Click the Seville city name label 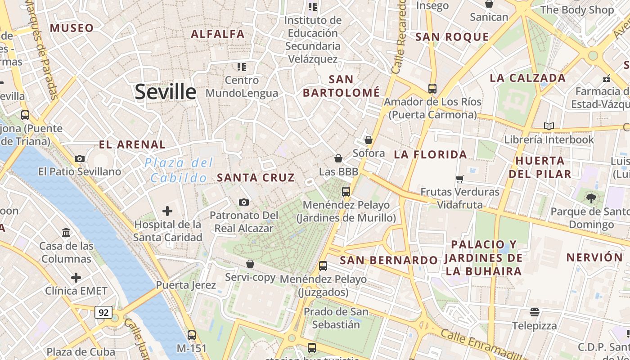pos(166,92)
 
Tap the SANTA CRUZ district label pos(256,178)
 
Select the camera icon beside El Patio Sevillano pos(80,158)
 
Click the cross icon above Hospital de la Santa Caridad pos(167,211)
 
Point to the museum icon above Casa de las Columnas pos(67,233)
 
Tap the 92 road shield pos(103,312)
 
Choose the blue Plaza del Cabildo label pos(179,170)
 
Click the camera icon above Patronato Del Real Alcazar pos(244,202)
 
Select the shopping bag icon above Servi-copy pos(250,264)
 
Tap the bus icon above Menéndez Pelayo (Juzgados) pos(323,265)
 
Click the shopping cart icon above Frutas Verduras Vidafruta pos(460,179)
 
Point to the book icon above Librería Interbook pos(549,126)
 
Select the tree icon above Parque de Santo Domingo pos(591,198)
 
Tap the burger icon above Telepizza pos(535,312)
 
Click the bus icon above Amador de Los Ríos pos(432,88)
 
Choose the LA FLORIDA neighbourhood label pos(431,155)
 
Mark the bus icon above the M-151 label pos(192,335)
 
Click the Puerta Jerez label pos(186,285)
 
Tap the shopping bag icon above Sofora pos(369,140)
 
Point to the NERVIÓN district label pos(594,258)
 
